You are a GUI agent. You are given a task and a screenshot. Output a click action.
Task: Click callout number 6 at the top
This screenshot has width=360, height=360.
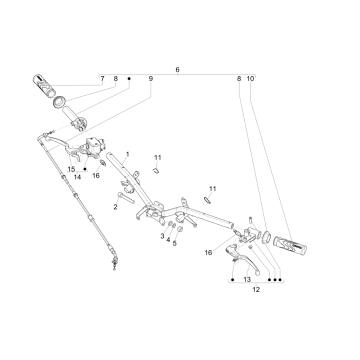click(x=177, y=70)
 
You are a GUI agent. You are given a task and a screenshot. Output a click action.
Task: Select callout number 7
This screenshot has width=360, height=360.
click(x=102, y=79)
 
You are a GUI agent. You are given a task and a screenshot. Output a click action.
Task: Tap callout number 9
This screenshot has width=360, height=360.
click(x=151, y=79)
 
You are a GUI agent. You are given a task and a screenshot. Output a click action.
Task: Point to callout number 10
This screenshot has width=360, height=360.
click(x=250, y=79)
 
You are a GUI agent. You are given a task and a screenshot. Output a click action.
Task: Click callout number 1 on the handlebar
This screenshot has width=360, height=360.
click(x=127, y=154)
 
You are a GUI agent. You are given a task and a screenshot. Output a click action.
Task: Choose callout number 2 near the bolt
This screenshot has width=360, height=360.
click(x=115, y=207)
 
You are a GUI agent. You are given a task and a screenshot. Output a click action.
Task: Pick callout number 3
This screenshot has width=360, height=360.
click(x=162, y=236)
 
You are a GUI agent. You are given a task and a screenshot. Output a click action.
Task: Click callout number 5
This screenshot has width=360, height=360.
click(x=175, y=244)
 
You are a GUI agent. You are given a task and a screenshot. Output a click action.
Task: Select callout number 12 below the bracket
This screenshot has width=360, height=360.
click(x=256, y=290)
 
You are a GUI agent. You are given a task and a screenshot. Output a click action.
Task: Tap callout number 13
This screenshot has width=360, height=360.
click(x=247, y=280)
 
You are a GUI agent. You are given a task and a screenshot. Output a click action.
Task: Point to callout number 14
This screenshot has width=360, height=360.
click(x=77, y=177)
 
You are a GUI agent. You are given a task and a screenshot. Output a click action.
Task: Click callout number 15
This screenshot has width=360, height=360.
click(x=71, y=169)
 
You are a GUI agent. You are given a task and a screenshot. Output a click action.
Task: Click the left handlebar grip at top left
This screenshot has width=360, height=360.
click(x=44, y=86)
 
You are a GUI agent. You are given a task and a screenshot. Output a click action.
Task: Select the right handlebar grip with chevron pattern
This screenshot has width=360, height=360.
click(x=290, y=246)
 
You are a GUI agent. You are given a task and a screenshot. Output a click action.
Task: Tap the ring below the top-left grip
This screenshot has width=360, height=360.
click(x=59, y=101)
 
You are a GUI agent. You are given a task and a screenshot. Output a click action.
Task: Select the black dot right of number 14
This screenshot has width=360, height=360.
click(x=85, y=169)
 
